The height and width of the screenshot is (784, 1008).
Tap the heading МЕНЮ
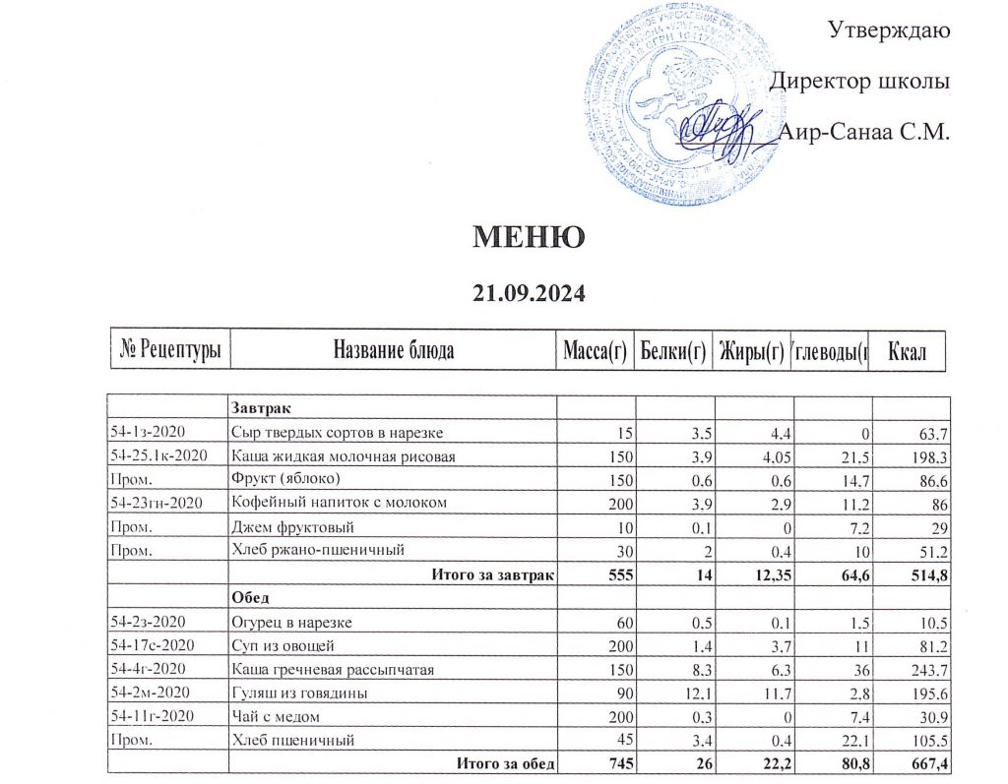530,236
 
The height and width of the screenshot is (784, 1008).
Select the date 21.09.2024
530,292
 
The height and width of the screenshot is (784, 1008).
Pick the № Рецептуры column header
170,349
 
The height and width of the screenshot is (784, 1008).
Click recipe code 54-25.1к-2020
162,456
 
